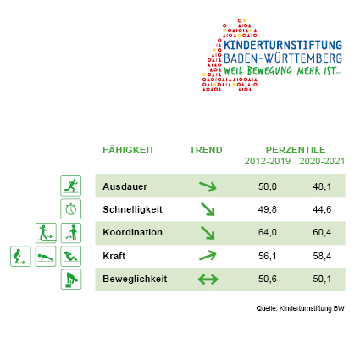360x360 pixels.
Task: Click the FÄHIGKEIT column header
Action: [129, 150]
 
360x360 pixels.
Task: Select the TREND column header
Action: [206, 150]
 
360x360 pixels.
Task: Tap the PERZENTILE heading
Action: [296, 150]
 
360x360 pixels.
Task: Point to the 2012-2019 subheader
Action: [268, 161]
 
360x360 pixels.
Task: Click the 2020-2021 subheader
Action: [322, 161]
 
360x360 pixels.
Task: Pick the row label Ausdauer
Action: [125, 186]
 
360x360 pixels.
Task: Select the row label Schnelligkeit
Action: [132, 209]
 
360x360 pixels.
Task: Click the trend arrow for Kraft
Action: [208, 256]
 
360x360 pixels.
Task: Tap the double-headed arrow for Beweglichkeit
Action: [208, 280]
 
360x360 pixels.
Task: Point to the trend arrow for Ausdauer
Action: [208, 186]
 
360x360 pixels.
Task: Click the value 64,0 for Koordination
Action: [268, 232]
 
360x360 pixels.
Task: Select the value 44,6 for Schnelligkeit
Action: [322, 209]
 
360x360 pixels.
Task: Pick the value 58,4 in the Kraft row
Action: [322, 256]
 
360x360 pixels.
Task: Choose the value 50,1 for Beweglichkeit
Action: [322, 279]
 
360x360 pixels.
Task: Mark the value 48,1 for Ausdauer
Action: [322, 186]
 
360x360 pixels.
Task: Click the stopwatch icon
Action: [71, 209]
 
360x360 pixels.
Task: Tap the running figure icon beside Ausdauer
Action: [71, 186]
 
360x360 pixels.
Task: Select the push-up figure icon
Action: [46, 256]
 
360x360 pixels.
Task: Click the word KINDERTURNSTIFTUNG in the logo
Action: [283, 45]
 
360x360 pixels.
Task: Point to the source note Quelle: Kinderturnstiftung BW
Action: [300, 308]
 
